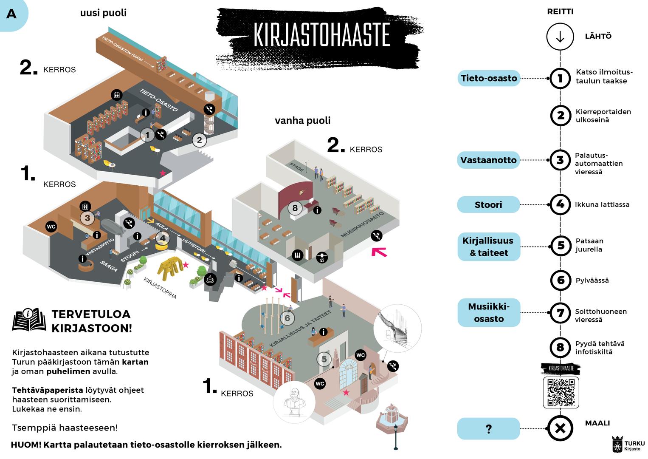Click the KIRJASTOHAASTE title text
pos(321,34)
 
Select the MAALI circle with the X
pos(560,428)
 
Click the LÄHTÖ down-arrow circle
pos(560,37)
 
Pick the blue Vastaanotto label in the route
pos(488,160)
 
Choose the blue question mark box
pos(488,429)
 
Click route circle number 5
pos(561,246)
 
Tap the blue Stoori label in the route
pos(488,205)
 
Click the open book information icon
pos(29,319)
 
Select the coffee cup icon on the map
pos(210,279)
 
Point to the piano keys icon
pos(297,255)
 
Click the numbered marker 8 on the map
pos(295,208)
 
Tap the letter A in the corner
pos(11,14)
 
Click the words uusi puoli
pos(103,13)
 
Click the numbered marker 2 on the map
pos(199,139)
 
